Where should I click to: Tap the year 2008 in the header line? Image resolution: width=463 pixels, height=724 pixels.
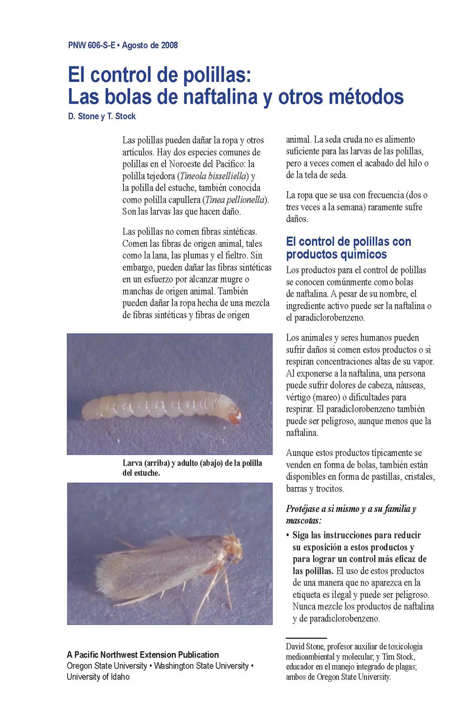coord(169,45)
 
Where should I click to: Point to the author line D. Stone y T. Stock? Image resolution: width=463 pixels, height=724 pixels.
coord(102,116)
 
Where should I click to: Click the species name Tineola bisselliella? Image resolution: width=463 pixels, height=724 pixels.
coord(214,176)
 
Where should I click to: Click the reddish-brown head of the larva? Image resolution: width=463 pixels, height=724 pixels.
coord(235,416)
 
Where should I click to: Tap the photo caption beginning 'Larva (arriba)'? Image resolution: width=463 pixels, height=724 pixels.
coord(192,468)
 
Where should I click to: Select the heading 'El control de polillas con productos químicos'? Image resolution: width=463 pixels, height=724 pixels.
coord(348,248)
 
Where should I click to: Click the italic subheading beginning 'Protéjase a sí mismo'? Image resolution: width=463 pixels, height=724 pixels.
coord(351,514)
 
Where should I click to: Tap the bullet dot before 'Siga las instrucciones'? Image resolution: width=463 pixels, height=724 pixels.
coord(288,535)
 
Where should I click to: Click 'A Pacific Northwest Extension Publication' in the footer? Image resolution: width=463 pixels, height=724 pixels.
coord(143,655)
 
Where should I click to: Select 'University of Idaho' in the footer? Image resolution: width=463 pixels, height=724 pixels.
coord(98,677)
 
